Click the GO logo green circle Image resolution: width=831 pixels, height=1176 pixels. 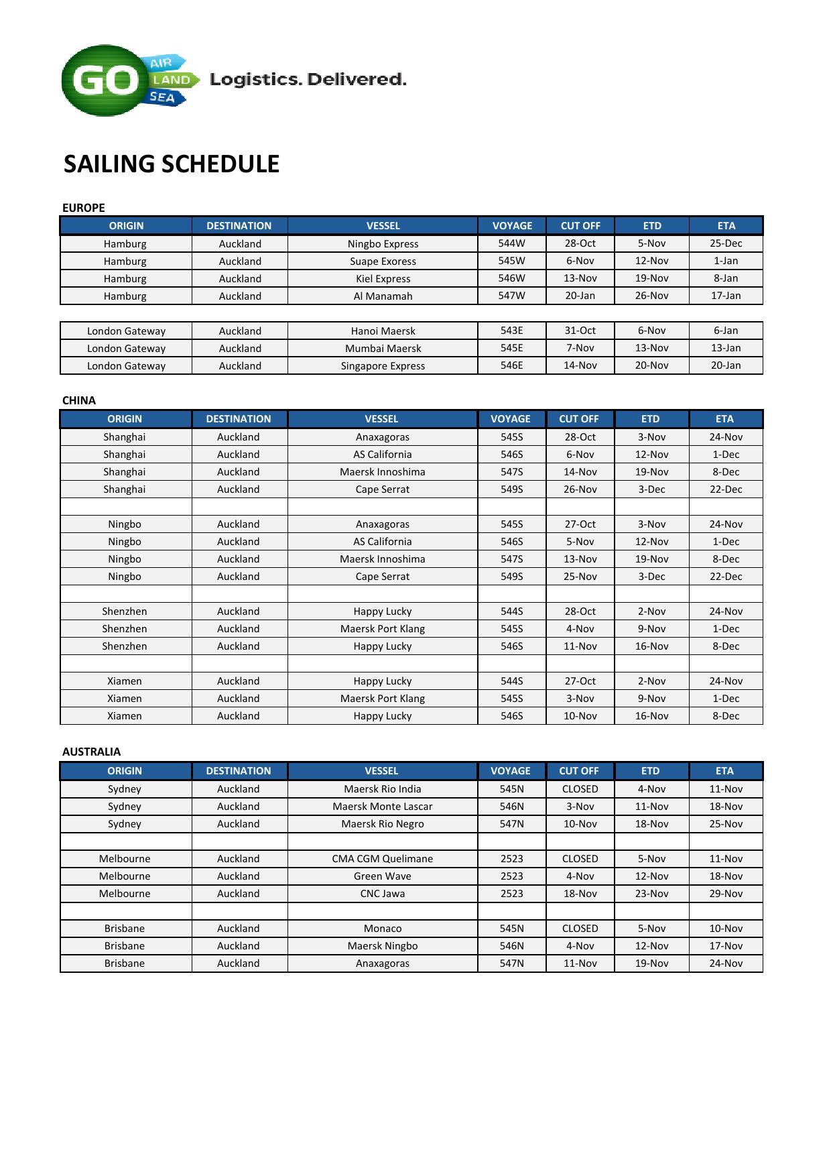click(x=104, y=81)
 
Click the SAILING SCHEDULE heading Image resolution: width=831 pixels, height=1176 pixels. click(x=172, y=164)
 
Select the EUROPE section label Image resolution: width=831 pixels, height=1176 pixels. click(x=84, y=208)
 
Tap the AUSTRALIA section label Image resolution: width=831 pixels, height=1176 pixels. click(x=92, y=752)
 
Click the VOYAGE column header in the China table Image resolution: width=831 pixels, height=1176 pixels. click(x=511, y=419)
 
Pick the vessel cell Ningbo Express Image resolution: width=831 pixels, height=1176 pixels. click(x=383, y=244)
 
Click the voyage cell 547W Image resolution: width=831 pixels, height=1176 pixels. click(x=512, y=296)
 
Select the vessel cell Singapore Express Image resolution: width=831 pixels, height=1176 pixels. click(x=383, y=366)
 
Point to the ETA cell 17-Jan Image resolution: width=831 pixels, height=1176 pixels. click(x=726, y=296)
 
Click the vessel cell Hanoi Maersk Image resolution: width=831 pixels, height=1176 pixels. click(x=383, y=331)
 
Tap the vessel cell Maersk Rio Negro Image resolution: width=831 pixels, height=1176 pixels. click(x=383, y=824)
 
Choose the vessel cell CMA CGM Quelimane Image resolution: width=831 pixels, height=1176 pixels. click(x=383, y=859)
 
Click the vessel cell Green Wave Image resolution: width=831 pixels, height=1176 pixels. click(x=383, y=876)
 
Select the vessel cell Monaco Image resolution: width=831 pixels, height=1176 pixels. click(x=383, y=929)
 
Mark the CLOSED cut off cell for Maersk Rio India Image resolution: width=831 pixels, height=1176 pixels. click(x=580, y=789)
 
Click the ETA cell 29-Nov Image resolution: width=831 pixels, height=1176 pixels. click(x=726, y=894)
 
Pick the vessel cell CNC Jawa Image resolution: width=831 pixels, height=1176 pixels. click(x=383, y=894)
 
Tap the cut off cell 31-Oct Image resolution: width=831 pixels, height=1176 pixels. click(x=580, y=331)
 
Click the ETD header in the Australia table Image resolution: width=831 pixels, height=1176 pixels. click(x=651, y=771)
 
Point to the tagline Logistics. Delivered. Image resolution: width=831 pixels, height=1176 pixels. click(x=308, y=80)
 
